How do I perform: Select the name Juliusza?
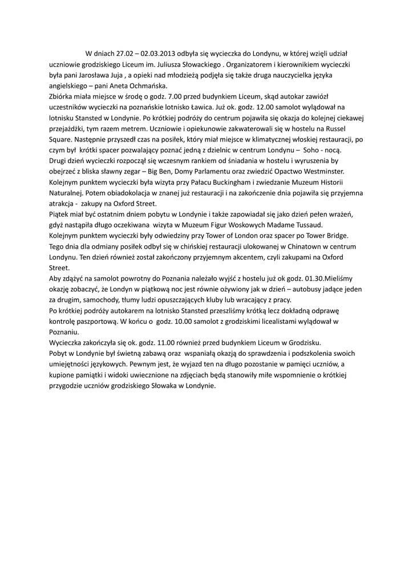point(171,65)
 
